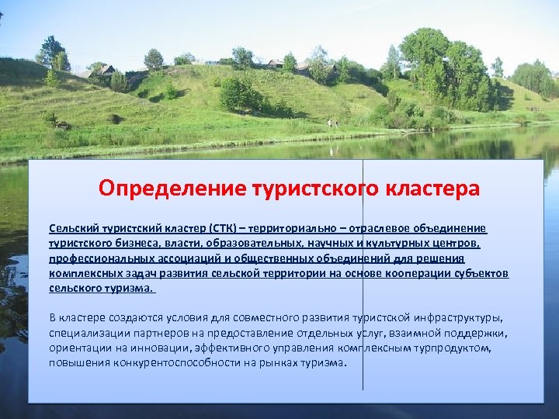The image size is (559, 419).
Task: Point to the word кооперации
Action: (x=399, y=274)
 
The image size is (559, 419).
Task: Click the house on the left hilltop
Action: (x=105, y=71)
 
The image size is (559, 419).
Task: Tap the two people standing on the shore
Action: (x=332, y=123)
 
